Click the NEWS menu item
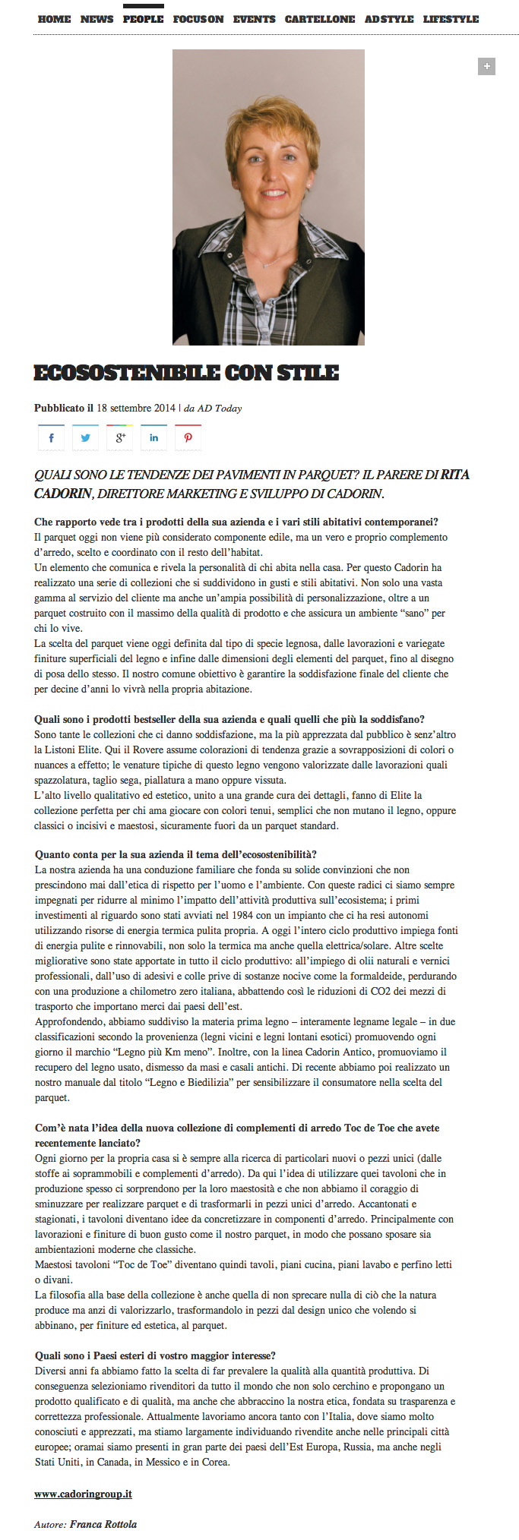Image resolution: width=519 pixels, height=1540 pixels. (97, 19)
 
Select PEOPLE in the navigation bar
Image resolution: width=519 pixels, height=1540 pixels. (143, 19)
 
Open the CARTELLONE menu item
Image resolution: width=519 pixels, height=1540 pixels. (320, 19)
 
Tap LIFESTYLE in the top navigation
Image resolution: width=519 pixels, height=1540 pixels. (451, 19)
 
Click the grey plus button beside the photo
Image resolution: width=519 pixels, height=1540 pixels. (486, 67)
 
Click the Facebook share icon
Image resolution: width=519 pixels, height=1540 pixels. (51, 437)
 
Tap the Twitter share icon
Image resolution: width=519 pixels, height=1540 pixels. (85, 437)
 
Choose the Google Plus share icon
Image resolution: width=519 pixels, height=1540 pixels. (119, 437)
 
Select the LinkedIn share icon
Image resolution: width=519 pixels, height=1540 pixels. (153, 437)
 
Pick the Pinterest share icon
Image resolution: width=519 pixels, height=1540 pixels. (188, 437)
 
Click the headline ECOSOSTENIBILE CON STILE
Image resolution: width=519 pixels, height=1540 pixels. (186, 373)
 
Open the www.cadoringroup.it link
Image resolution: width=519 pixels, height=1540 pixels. (83, 1494)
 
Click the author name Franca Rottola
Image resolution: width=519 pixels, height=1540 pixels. (103, 1524)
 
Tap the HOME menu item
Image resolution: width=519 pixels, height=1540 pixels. (54, 19)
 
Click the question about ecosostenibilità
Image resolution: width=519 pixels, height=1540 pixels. (176, 854)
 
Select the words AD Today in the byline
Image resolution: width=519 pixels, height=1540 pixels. (220, 408)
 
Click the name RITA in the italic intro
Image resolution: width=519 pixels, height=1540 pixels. (455, 475)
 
